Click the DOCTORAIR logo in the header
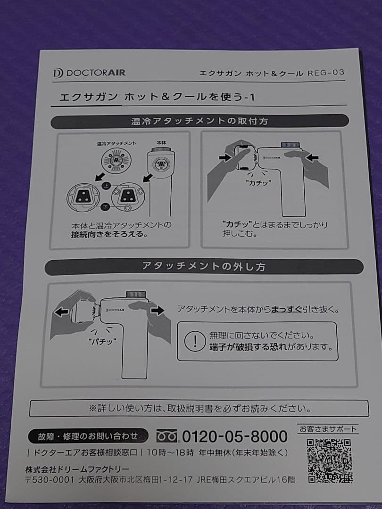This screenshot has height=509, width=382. pyautogui.click(x=89, y=73)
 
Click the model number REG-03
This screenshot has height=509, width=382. pyautogui.click(x=326, y=73)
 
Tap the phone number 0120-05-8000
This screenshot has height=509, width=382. pyautogui.click(x=234, y=436)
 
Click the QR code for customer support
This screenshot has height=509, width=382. pyautogui.click(x=329, y=460)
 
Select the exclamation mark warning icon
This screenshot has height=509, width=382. pyautogui.click(x=195, y=341)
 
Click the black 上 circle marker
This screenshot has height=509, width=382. pyautogui.click(x=106, y=186)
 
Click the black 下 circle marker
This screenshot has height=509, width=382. pyautogui.click(x=105, y=207)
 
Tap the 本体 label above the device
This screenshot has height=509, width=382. pyautogui.click(x=161, y=142)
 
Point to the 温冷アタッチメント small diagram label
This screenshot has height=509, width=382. pyautogui.click(x=116, y=143)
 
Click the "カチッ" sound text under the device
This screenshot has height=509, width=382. pyautogui.click(x=258, y=183)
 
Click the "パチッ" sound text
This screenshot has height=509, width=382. pyautogui.click(x=102, y=341)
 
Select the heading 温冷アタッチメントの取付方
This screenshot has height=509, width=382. pyautogui.click(x=200, y=121)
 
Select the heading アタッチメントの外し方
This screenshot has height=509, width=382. pyautogui.click(x=204, y=266)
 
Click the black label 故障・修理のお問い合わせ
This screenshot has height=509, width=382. pyautogui.click(x=88, y=436)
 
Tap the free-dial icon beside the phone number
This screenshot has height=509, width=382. pyautogui.click(x=167, y=436)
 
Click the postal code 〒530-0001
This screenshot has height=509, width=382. pyautogui.click(x=50, y=479)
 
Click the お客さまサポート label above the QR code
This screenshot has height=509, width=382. pyautogui.click(x=328, y=429)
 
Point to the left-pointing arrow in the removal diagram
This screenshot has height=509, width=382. pyautogui.click(x=61, y=312)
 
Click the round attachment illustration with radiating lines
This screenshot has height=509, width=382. pyautogui.click(x=116, y=160)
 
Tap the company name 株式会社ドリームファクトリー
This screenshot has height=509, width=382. pyautogui.click(x=77, y=469)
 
